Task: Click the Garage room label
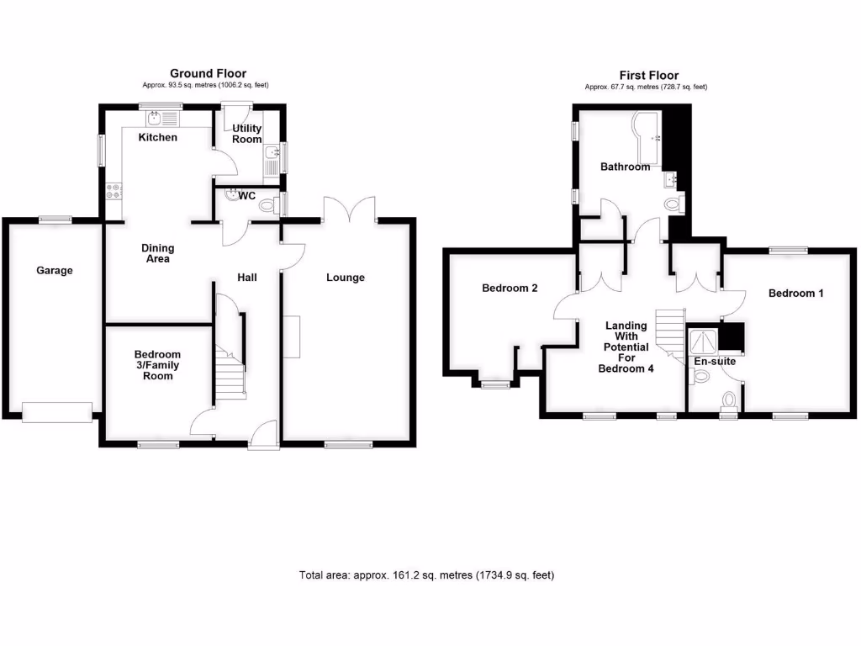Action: (x=55, y=271)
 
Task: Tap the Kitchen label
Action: (x=158, y=137)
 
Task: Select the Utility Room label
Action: (x=247, y=134)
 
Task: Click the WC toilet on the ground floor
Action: (x=268, y=204)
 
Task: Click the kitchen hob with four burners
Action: (x=113, y=194)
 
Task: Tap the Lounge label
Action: (x=346, y=278)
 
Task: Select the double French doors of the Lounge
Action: (x=349, y=209)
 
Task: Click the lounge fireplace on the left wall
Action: (x=292, y=336)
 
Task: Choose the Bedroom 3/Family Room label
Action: (x=157, y=365)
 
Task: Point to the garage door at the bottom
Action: (x=56, y=411)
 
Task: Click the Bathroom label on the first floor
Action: (x=625, y=167)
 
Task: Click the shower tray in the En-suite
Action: (x=703, y=340)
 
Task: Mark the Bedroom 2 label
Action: (x=510, y=288)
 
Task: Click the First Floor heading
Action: (x=648, y=76)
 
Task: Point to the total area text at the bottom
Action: (x=426, y=575)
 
